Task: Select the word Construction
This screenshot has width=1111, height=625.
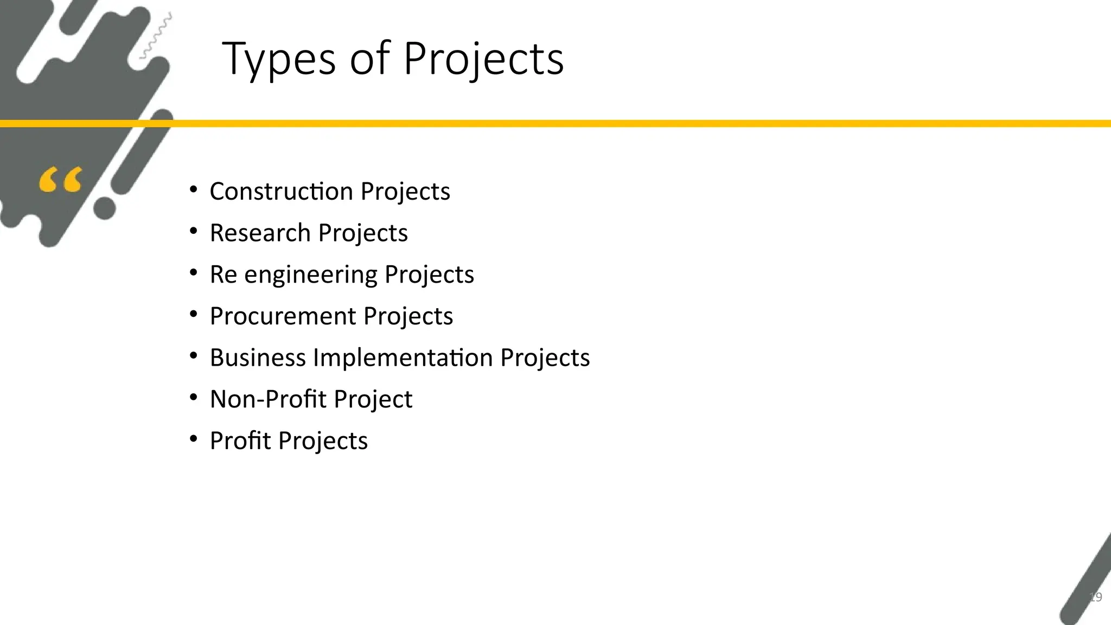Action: coord(282,191)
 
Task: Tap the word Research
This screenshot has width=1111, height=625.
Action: coord(260,233)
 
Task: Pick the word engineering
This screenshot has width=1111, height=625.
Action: coord(310,275)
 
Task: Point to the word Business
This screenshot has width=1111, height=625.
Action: coord(258,358)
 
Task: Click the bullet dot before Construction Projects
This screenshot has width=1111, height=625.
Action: coord(194,189)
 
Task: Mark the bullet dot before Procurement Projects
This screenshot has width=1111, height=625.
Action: coord(194,314)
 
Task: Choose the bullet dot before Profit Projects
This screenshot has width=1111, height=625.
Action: coord(194,439)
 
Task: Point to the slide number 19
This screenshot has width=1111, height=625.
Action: coord(1095,597)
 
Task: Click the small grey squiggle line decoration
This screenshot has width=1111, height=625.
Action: coord(156,36)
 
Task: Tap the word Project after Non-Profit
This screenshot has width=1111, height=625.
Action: coord(373,399)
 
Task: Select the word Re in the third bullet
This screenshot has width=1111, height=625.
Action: coord(223,275)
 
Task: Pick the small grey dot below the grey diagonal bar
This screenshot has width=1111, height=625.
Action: coord(105,208)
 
